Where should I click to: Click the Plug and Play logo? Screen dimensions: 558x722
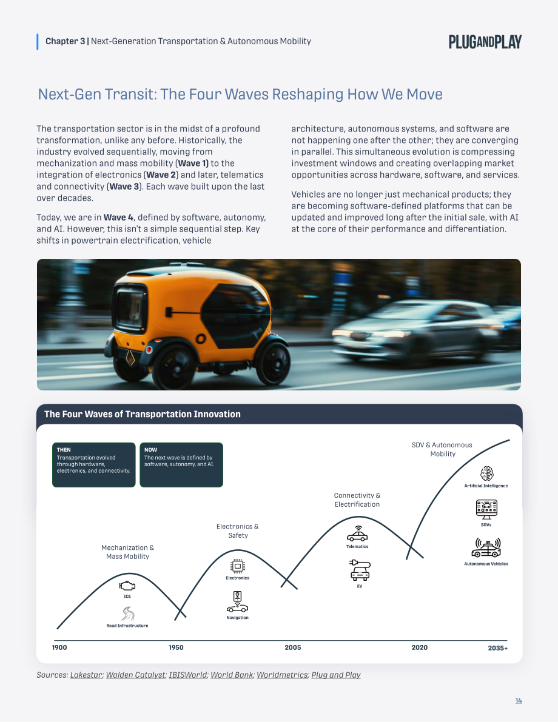click(485, 42)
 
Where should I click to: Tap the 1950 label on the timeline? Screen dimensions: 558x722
click(176, 647)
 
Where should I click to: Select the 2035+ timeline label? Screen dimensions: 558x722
click(497, 648)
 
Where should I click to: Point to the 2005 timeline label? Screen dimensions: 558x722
click(292, 647)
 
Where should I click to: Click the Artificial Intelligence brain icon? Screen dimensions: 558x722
click(486, 473)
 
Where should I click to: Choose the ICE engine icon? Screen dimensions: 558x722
click(127, 586)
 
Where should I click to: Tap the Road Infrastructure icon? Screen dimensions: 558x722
click(127, 614)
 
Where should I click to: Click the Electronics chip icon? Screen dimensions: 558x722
click(237, 566)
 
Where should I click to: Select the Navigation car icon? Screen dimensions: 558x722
click(237, 603)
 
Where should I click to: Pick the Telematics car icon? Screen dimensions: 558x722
click(357, 534)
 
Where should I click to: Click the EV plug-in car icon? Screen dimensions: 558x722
click(360, 570)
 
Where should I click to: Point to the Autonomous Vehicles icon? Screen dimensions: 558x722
click(486, 548)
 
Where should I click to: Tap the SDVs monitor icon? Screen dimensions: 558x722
click(486, 509)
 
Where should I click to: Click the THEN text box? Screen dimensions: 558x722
click(94, 464)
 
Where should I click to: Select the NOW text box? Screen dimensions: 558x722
click(181, 464)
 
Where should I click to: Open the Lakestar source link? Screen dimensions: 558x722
click(86, 675)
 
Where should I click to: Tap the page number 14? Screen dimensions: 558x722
click(519, 700)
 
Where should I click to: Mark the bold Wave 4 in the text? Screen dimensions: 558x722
click(118, 218)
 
